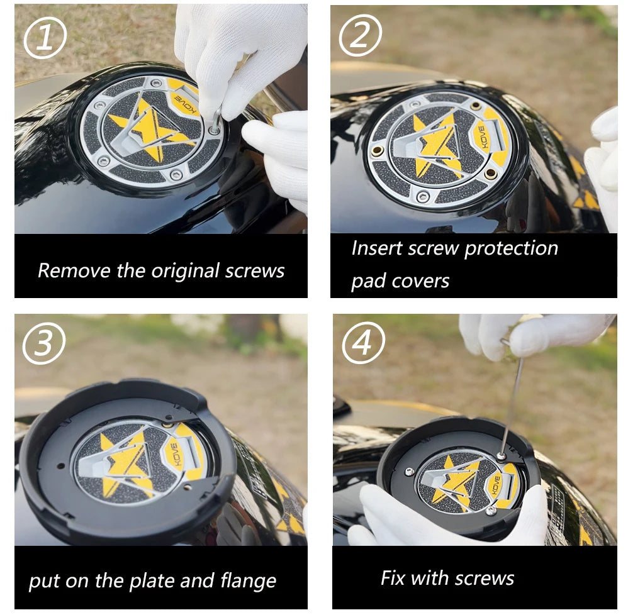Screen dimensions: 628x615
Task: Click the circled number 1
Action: point(45,38)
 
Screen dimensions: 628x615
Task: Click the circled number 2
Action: point(361,35)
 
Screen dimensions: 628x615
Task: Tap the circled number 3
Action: point(43,343)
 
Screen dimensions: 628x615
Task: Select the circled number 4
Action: point(363,342)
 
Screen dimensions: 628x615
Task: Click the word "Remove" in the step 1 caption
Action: point(74,270)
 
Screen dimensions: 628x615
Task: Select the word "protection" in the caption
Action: point(511,249)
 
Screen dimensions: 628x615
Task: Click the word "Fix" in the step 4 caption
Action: point(393,578)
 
